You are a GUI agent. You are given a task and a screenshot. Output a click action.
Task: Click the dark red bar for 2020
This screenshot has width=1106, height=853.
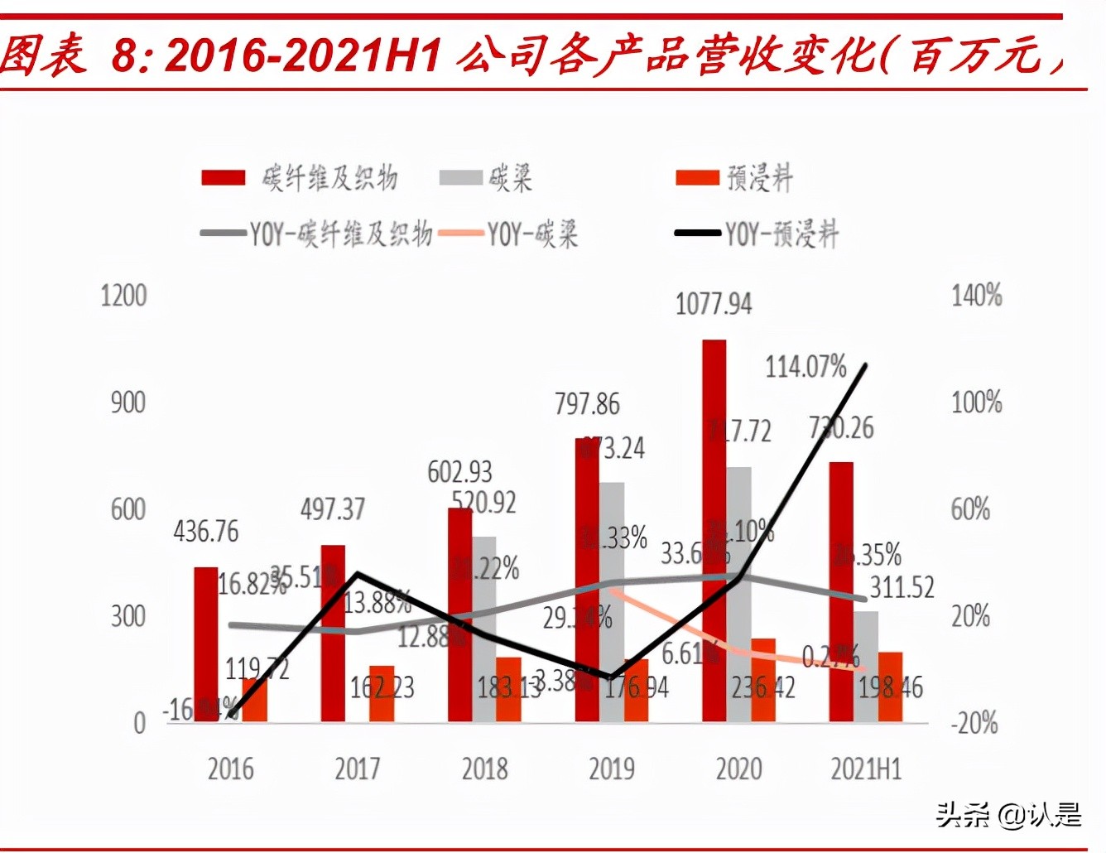point(714,530)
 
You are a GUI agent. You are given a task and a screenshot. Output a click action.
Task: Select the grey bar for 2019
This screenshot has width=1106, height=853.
point(613,600)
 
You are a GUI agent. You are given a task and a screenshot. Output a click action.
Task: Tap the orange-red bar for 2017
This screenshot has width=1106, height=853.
point(382,692)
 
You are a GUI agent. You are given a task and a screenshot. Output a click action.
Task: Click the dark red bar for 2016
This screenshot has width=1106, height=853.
point(205,643)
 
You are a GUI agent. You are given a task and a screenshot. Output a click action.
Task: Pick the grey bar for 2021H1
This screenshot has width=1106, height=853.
point(866,666)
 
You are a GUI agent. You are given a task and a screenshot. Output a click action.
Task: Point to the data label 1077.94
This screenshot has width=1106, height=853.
point(714,304)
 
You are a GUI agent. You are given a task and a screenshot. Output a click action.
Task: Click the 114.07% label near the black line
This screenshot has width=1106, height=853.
point(805,366)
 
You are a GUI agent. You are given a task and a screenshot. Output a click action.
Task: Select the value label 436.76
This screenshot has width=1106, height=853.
point(205,531)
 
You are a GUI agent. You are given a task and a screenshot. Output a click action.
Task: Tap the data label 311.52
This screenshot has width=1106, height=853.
point(902,587)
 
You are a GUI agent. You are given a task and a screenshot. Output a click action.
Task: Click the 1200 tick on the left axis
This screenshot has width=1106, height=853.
point(123,296)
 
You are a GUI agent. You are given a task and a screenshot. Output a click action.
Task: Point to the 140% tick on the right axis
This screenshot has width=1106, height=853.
point(976,295)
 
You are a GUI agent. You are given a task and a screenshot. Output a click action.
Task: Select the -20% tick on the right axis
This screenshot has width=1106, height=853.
point(974,723)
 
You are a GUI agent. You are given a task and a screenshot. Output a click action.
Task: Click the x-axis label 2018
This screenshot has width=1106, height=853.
point(484,769)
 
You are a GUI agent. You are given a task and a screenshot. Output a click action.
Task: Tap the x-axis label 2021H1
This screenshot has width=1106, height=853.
point(866,769)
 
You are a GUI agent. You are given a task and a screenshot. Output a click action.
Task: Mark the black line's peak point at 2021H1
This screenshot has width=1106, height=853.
point(865,365)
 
